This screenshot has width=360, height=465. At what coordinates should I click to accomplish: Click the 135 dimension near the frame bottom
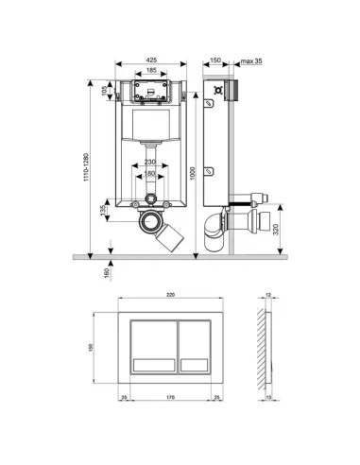point(104,213)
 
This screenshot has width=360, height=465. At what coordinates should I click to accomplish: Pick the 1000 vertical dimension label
point(193,167)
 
